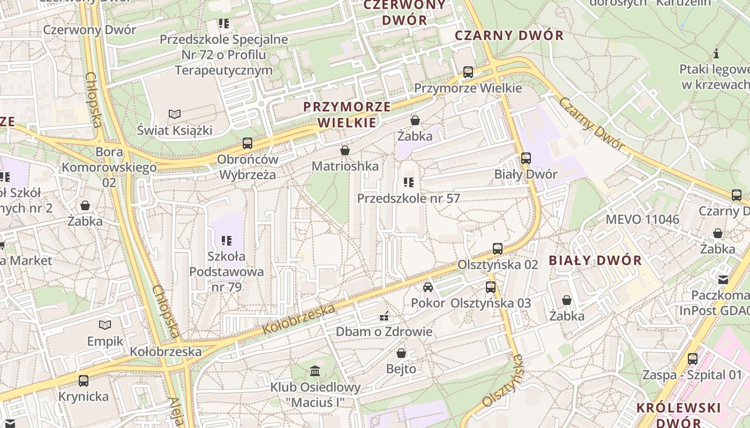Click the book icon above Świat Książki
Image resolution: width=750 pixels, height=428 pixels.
[x=175, y=114]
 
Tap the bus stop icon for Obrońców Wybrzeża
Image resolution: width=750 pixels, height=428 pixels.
[x=247, y=143]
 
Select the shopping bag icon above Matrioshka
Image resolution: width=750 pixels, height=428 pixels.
[x=345, y=150]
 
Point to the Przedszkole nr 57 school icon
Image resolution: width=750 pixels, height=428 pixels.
[x=409, y=182]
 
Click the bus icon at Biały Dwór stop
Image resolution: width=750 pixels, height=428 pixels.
[x=526, y=158]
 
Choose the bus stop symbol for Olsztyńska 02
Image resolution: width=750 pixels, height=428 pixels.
[x=497, y=249]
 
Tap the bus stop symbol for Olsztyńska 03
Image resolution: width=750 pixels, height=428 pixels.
[x=490, y=287]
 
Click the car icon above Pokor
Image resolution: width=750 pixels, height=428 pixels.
[x=427, y=287]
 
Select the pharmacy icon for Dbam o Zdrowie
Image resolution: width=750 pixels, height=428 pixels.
[x=384, y=316]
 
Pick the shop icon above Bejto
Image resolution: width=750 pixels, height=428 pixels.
[x=401, y=353]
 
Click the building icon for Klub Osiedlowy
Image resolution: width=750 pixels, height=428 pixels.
[x=315, y=371]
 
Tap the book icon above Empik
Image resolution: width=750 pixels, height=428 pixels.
[x=105, y=325]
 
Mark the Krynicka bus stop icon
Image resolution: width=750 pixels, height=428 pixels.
[x=83, y=381]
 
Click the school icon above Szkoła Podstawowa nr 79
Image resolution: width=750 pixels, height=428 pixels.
[x=227, y=240]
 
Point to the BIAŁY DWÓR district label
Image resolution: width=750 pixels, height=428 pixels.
[x=595, y=261]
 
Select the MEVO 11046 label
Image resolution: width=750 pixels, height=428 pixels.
[x=642, y=219]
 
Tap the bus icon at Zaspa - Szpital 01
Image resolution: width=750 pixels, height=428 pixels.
[x=692, y=359]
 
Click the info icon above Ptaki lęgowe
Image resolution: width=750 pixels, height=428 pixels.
[x=716, y=53]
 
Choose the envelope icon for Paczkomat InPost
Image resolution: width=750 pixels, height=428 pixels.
[x=723, y=279]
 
